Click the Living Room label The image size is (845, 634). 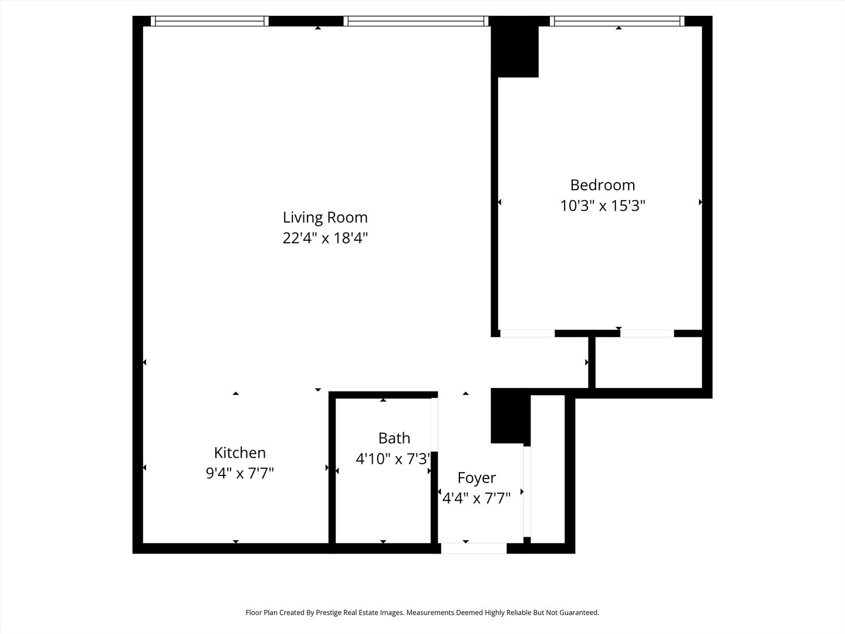(325, 217)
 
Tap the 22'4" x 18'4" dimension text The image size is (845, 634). (325, 238)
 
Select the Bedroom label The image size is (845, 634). (603, 185)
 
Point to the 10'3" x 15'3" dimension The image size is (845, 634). (603, 205)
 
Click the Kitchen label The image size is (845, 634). (240, 453)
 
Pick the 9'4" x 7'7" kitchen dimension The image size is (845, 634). (240, 473)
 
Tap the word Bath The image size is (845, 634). (394, 438)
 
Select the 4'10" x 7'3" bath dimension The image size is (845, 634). (393, 459)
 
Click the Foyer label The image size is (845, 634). (476, 478)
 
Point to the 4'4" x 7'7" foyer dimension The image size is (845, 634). (476, 498)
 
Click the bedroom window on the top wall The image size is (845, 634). (617, 21)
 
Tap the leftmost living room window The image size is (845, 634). (209, 21)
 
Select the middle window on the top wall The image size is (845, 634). (416, 21)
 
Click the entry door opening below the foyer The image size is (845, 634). (474, 548)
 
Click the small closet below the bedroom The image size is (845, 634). (648, 363)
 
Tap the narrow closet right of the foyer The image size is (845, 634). (547, 469)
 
